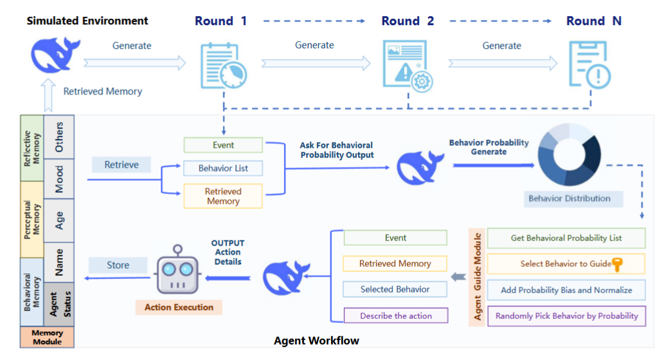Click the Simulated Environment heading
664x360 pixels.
click(x=87, y=21)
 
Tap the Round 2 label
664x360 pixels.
click(x=408, y=21)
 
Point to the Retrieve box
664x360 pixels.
click(x=121, y=165)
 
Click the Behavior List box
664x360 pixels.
click(x=223, y=168)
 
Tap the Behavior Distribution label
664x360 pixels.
click(x=569, y=199)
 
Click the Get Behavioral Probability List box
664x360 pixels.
click(x=566, y=238)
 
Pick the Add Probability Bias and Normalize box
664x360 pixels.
click(x=566, y=290)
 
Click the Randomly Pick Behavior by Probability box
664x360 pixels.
click(x=566, y=316)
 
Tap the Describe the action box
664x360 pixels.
click(x=395, y=316)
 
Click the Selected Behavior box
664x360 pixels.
click(x=395, y=289)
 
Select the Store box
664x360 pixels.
click(x=118, y=265)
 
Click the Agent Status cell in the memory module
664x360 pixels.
click(x=59, y=304)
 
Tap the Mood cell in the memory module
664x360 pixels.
click(x=59, y=175)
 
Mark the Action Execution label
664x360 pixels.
click(x=179, y=307)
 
